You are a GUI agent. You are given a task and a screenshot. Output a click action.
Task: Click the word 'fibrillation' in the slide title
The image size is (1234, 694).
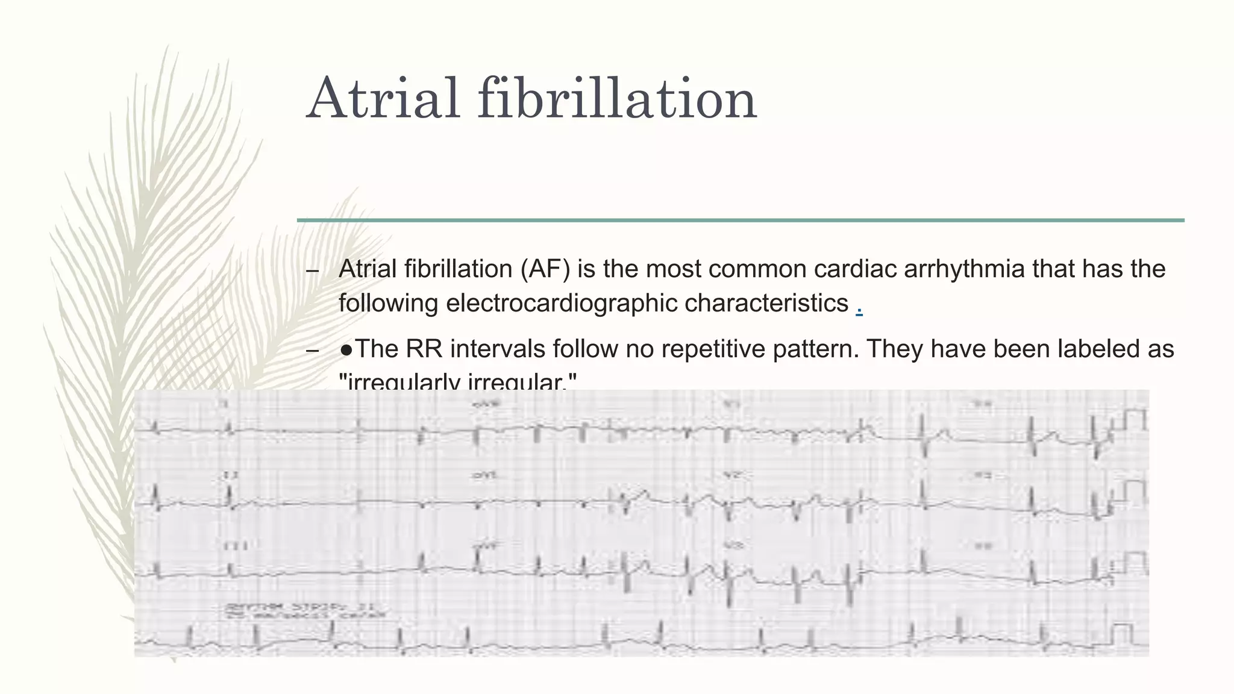pyautogui.click(x=617, y=98)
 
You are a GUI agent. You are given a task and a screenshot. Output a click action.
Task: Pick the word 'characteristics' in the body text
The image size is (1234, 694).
pyautogui.click(x=766, y=303)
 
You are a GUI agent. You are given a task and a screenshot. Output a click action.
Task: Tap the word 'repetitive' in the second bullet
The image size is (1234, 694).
pyautogui.click(x=689, y=349)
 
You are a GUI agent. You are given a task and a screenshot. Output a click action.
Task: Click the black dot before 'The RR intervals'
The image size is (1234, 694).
pyautogui.click(x=346, y=349)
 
